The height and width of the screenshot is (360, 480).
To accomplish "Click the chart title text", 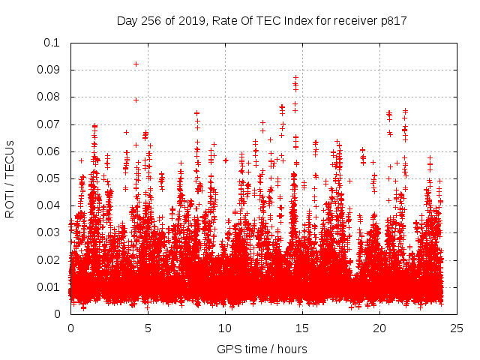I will click(262, 21).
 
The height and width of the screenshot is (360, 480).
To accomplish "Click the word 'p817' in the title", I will click(392, 21).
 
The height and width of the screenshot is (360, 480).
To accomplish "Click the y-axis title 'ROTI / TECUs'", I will click(10, 178).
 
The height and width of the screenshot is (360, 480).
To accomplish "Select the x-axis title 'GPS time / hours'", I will click(262, 349).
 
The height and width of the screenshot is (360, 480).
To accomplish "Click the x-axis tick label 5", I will click(148, 328).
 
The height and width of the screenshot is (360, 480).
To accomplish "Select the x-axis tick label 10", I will click(225, 328).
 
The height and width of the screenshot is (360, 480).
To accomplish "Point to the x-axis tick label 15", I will click(302, 328).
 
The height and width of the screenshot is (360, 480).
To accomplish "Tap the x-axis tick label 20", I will click(379, 328).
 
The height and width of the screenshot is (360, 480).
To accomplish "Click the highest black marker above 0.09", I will click(136, 64).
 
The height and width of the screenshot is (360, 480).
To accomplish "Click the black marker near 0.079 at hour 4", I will click(136, 100).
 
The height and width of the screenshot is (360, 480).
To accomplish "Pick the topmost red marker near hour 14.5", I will click(295, 77).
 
